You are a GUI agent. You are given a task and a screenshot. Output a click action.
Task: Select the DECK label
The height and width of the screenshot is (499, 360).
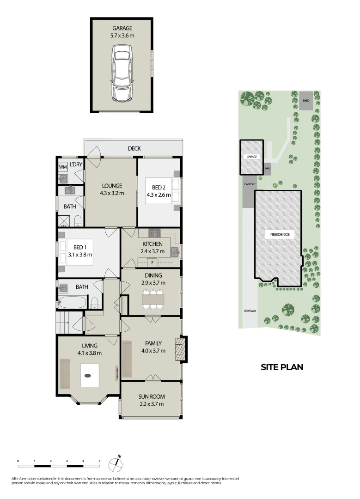tap(134, 148)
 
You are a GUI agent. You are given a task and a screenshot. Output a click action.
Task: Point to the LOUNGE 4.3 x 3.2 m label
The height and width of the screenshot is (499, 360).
tap(111, 190)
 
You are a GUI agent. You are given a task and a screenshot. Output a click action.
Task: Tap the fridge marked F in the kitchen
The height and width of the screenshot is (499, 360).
tap(152, 263)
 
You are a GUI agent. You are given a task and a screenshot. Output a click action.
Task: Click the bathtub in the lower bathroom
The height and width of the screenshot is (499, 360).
tap(72, 303)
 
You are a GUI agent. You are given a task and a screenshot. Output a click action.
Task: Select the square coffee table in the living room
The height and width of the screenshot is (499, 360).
tap(90, 375)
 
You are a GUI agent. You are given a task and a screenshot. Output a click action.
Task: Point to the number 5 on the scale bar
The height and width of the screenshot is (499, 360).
tap(99, 461)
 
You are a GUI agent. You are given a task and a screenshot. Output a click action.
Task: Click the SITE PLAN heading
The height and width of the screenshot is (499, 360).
tap(282, 367)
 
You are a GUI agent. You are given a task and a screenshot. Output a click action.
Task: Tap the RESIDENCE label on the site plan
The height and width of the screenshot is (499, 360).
tap(280, 234)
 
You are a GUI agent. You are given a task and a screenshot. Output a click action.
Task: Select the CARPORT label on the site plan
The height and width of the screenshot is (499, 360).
tap(250, 184)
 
